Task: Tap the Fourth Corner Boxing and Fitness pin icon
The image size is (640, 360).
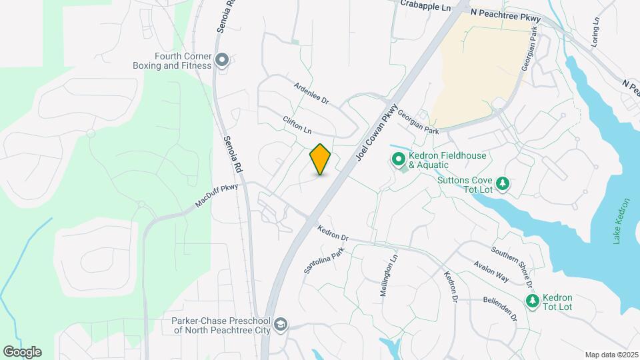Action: point(223,61)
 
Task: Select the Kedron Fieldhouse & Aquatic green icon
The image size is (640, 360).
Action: point(398,160)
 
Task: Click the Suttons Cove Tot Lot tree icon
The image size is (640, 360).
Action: point(504,183)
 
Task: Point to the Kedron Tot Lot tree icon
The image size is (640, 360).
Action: point(533,302)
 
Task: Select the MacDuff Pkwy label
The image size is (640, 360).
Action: point(216,197)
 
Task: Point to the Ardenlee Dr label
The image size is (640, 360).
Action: point(312,93)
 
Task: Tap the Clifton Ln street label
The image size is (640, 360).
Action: point(297,125)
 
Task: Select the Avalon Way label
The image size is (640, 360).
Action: point(491,271)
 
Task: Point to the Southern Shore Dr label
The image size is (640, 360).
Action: point(512,266)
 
